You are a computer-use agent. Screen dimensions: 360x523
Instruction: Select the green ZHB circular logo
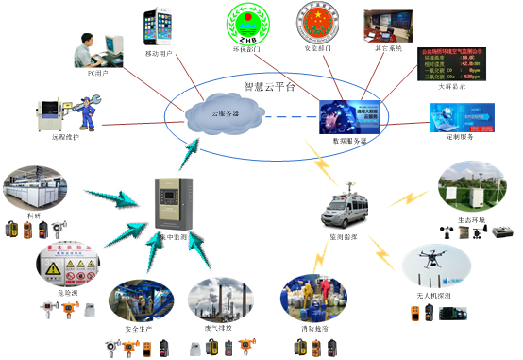point(247,27)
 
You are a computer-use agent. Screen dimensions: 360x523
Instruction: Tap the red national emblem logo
point(315,26)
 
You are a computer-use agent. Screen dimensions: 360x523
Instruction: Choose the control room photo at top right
point(387,27)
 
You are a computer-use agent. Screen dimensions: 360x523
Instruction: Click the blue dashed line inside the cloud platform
point(282,116)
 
